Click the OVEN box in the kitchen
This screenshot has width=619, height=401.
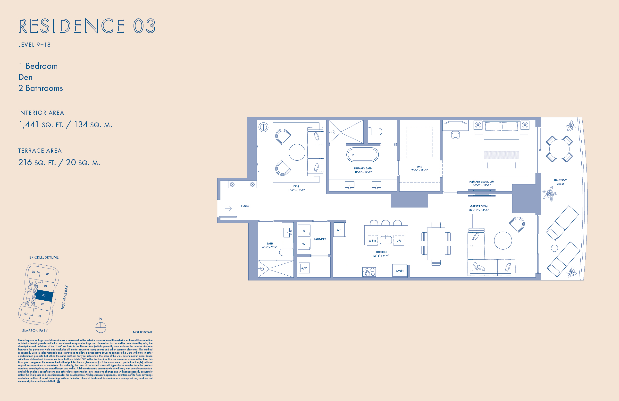point(400,271)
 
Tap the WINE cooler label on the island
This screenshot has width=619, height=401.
point(372,241)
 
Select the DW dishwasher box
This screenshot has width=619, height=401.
point(399,241)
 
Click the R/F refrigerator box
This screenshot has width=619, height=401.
point(339,230)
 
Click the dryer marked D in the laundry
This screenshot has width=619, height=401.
point(304,231)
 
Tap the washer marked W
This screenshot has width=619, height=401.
point(304,244)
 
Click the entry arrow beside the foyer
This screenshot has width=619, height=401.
point(228,209)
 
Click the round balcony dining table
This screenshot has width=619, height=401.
point(559,149)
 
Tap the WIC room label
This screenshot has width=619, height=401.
point(419,167)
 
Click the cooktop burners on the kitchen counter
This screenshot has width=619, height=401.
point(369,272)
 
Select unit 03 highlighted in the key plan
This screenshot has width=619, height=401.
point(44,296)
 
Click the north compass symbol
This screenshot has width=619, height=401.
point(101,328)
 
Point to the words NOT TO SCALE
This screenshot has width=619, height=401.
point(142,332)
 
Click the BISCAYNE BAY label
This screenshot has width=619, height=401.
point(65,297)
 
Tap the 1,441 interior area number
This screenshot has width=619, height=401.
point(29,125)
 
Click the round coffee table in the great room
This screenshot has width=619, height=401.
point(503,241)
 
